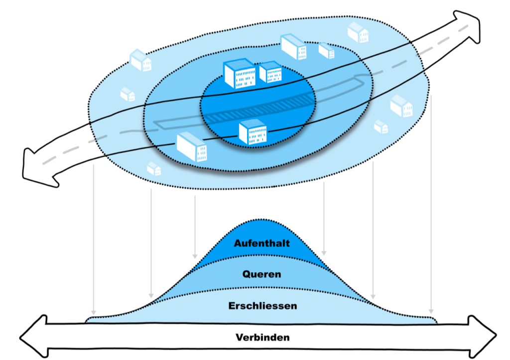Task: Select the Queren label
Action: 261,274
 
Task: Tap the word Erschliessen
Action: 262,306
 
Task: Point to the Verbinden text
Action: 262,338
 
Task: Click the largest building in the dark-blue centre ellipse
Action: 240,73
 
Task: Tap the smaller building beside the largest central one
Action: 270,72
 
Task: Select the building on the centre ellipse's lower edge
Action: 252,132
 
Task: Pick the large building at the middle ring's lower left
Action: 192,146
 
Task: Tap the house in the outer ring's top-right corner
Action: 358,32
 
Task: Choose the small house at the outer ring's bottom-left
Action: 154,169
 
